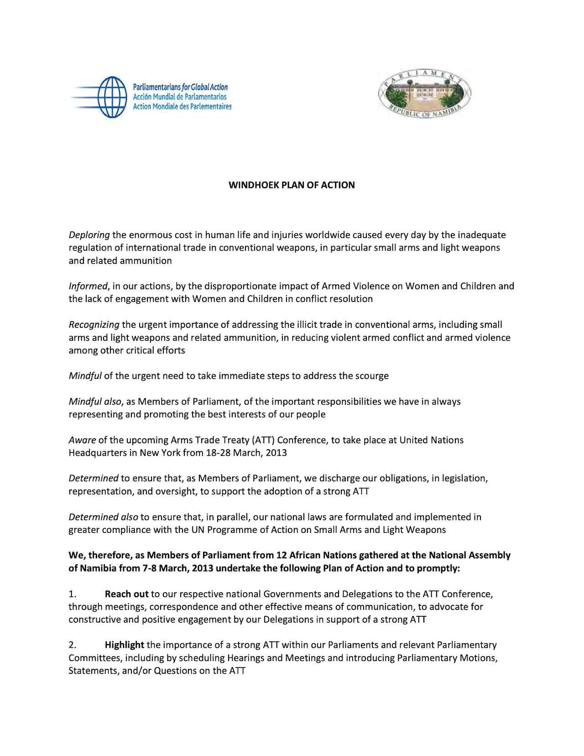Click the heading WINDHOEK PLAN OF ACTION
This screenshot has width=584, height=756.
(292, 185)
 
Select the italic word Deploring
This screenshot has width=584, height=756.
(89, 235)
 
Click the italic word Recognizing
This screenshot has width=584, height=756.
(94, 325)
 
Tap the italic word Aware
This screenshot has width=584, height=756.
(82, 440)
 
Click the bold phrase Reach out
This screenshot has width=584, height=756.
(126, 594)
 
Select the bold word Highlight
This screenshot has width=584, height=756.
(125, 645)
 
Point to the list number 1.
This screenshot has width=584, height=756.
(72, 594)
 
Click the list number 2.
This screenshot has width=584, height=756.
(72, 645)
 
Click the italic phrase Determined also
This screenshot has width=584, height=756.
(103, 517)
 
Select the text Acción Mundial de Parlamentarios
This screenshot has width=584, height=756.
(179, 97)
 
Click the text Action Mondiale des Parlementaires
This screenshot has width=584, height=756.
(182, 106)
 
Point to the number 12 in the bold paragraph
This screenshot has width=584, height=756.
(282, 556)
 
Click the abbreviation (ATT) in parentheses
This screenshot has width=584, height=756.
(262, 440)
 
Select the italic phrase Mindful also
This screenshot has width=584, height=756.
(95, 401)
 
